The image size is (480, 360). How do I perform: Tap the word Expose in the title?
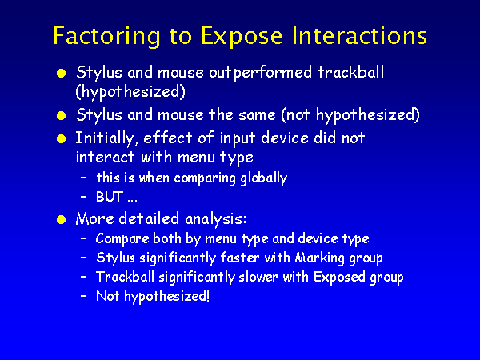click(x=242, y=37)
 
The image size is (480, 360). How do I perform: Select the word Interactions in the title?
click(x=359, y=35)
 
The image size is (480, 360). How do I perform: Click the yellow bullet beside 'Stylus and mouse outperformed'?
click(x=62, y=74)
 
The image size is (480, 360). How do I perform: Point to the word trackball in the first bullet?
click(x=350, y=72)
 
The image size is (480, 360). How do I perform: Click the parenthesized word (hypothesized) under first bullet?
click(x=130, y=91)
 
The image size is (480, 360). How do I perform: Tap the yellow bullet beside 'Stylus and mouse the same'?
click(x=62, y=116)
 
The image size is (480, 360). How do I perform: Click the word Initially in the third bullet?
click(x=105, y=138)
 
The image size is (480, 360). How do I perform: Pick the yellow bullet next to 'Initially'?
click(x=62, y=139)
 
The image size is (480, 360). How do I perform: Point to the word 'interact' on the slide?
click(x=105, y=158)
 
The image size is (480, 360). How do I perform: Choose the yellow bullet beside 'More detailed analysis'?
click(x=62, y=220)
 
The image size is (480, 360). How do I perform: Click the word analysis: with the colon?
click(x=215, y=219)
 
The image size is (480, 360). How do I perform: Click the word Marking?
click(x=319, y=258)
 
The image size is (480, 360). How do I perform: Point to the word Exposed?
click(x=339, y=278)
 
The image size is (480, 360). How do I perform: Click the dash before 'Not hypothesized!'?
click(x=83, y=296)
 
